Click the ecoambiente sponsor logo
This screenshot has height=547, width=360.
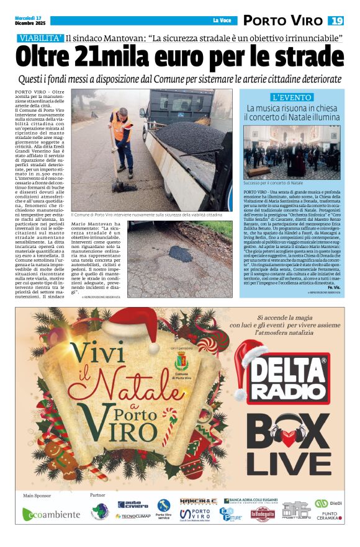coord(52,514)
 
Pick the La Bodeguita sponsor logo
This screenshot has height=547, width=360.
coord(263,514)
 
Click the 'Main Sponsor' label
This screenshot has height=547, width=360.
coord(36,496)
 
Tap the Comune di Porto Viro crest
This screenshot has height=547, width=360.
coord(181,363)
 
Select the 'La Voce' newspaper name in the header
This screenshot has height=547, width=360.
coord(221,20)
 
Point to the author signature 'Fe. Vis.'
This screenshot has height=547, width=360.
coord(333,288)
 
